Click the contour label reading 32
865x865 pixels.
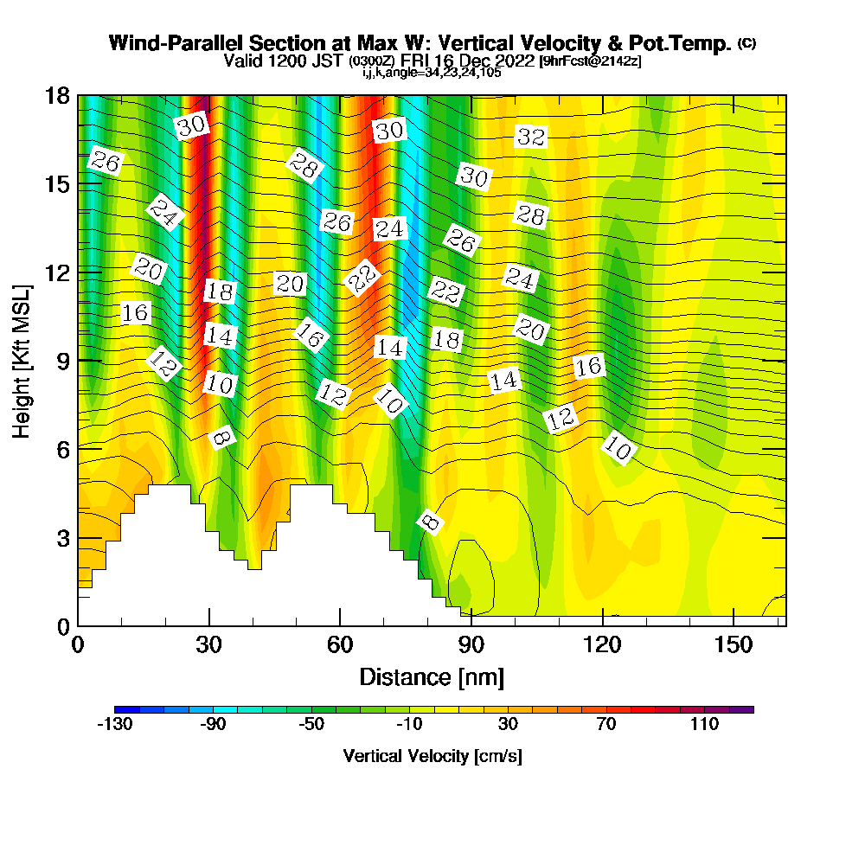[x=531, y=137]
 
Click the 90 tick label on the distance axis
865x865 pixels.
[x=471, y=644]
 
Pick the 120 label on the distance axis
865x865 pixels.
[x=602, y=644]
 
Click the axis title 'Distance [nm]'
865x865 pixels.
[x=432, y=676]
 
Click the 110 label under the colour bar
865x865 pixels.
[x=705, y=724]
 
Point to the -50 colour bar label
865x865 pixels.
[x=311, y=724]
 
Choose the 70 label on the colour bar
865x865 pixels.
[x=606, y=724]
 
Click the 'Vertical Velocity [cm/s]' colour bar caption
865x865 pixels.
[x=432, y=757]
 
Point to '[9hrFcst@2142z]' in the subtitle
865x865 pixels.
[x=590, y=61]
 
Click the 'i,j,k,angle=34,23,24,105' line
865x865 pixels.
[x=432, y=73]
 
